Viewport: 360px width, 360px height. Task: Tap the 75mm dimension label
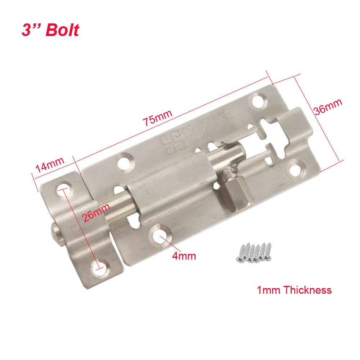click(x=157, y=116)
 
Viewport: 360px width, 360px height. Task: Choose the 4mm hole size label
click(x=184, y=256)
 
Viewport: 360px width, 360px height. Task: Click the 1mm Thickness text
click(x=294, y=290)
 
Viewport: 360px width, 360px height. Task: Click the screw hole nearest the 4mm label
click(x=158, y=235)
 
